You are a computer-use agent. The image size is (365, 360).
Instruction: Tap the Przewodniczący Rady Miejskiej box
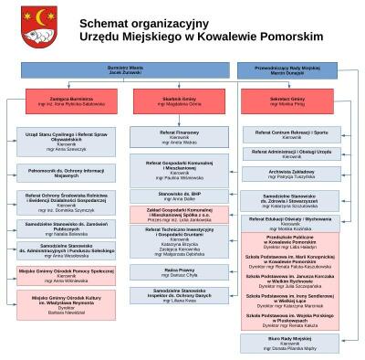pyautogui.click(x=294, y=69)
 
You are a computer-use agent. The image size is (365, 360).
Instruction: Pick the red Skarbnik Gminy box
pyautogui.click(x=179, y=101)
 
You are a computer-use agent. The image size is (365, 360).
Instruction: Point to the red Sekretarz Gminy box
pyautogui.click(x=293, y=101)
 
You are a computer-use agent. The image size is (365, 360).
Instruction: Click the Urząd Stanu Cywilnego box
pyautogui.click(x=60, y=139)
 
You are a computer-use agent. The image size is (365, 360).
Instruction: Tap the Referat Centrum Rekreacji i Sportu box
pyautogui.click(x=292, y=133)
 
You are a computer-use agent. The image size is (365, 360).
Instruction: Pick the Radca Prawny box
pyautogui.click(x=179, y=272)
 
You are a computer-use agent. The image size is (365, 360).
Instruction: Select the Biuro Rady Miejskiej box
pyautogui.click(x=292, y=343)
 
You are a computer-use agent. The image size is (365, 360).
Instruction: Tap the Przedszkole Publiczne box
pyautogui.click(x=292, y=240)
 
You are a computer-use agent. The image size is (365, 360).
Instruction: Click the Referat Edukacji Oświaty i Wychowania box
pyautogui.click(x=292, y=222)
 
